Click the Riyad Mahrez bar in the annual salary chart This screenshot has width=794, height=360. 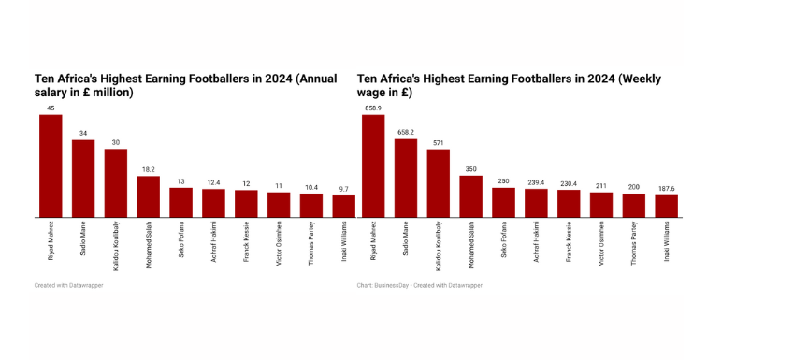[51, 166]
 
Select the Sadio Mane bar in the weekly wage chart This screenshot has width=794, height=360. [406, 179]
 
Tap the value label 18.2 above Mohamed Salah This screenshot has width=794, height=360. [149, 169]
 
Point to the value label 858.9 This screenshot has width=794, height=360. [373, 108]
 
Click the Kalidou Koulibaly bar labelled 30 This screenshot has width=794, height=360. [116, 183]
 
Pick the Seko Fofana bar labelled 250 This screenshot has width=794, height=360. [503, 203]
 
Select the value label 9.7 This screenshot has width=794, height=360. [344, 189]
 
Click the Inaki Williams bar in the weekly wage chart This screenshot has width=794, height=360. [667, 206]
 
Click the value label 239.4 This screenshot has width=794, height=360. [536, 182]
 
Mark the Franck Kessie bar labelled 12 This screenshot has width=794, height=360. [246, 204]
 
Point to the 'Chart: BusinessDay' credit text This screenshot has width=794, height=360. [378, 285]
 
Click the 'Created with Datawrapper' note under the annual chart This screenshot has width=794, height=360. [69, 285]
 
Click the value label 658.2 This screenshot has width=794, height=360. [406, 132]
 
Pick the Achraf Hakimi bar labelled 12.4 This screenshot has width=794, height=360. [213, 203]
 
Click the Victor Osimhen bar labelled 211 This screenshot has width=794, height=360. [601, 205]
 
